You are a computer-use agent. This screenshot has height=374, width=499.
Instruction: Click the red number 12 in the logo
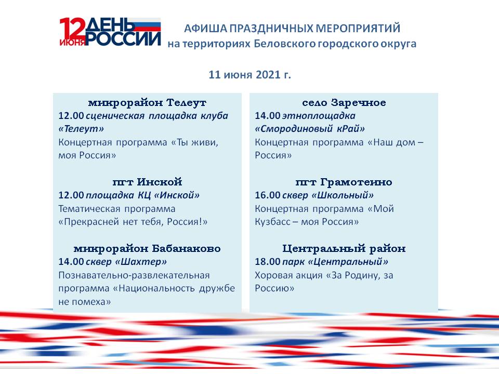pos(72,28)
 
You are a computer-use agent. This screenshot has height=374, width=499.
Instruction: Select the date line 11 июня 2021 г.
pos(250,74)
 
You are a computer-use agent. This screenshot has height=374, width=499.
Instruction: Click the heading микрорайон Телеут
pos(147,102)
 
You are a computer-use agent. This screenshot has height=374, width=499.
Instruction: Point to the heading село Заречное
pos(344,102)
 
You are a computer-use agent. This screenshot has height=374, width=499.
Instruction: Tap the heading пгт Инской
pos(147,182)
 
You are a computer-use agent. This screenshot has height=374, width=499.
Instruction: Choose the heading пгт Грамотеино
pos(344,182)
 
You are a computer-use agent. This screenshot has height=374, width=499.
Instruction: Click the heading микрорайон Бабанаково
pos(147,248)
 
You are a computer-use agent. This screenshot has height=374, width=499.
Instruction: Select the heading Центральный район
pos(344,248)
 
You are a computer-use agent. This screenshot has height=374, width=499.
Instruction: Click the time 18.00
pos(268,262)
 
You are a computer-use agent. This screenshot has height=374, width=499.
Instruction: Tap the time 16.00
pos(268,195)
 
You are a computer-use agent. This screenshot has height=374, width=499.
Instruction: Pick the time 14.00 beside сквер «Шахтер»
pos(71,262)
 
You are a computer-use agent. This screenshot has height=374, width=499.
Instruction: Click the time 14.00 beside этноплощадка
pos(268,115)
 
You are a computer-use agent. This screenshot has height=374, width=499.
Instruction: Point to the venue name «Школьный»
pos(343,195)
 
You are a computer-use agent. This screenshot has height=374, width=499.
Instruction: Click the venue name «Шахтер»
pos(141,262)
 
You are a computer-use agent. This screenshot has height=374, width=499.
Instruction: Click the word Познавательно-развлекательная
pos(134,275)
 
